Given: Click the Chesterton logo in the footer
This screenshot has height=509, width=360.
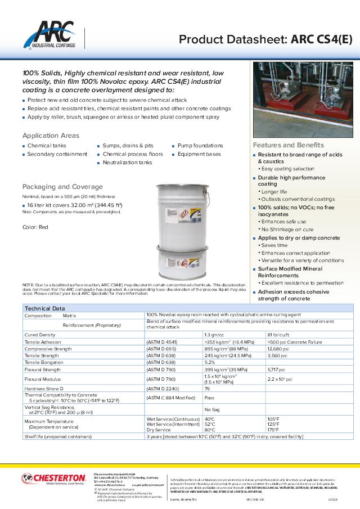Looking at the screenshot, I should pyautogui.click(x=54, y=479).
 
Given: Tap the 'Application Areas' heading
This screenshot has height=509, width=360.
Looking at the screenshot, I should pyautogui.click(x=51, y=136).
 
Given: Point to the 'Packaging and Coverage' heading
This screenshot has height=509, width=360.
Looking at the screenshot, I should pyautogui.click(x=62, y=187).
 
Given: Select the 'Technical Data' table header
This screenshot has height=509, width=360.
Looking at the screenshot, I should pyautogui.click(x=44, y=308).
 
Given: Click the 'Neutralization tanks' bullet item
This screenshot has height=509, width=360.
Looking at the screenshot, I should pyautogui.click(x=127, y=163).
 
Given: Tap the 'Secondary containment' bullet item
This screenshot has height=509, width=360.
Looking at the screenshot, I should pyautogui.click(x=57, y=154).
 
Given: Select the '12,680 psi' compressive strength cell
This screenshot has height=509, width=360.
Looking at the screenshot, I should pyautogui.click(x=278, y=349).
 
